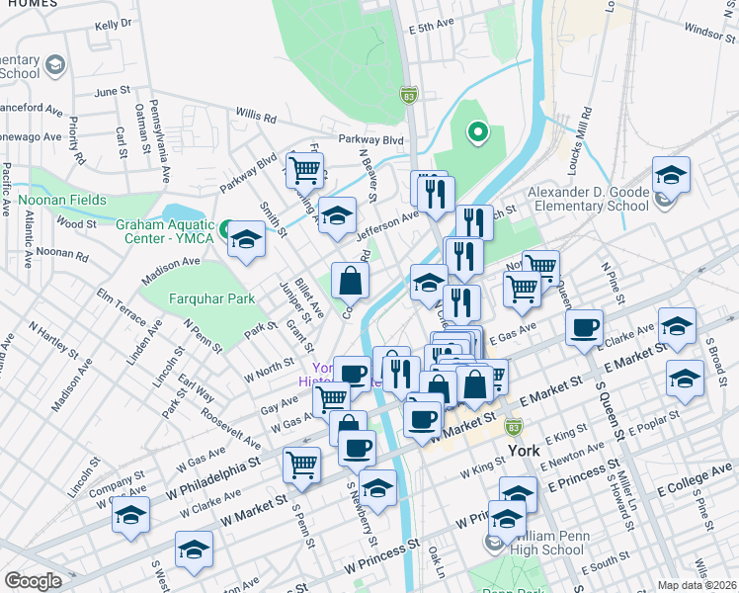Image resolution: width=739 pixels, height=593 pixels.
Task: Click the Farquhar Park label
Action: coord(197,298)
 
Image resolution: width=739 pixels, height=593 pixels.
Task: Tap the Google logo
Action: coord(33,581)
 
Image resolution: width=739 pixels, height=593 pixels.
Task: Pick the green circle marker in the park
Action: coord(478,131)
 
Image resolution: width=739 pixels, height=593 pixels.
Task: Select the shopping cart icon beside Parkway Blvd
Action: coord(305,170)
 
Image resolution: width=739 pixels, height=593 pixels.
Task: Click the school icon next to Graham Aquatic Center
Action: coord(246,238)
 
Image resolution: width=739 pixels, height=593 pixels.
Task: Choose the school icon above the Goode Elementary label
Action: coord(671,176)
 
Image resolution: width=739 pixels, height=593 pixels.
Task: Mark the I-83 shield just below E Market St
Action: coord(513,426)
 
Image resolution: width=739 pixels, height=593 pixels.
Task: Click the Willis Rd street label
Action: coord(255,117)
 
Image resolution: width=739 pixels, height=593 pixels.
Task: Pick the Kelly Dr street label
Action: coord(113,24)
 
